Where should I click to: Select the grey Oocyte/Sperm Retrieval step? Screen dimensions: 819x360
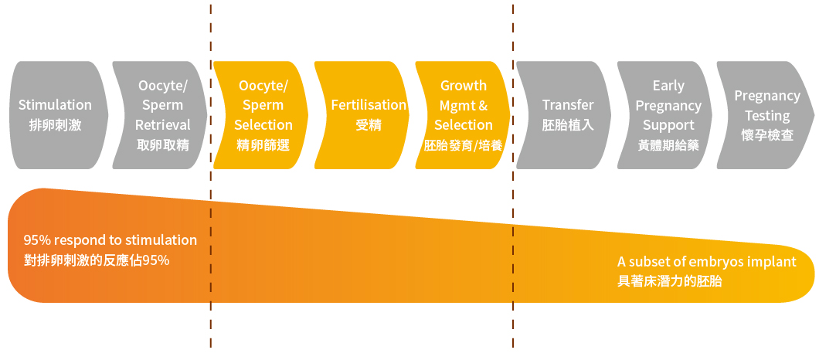point(160,115)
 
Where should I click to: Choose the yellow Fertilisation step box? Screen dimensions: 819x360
point(362,115)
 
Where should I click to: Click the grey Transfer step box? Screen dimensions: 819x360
point(564,115)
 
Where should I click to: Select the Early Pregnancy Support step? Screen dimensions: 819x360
point(665,115)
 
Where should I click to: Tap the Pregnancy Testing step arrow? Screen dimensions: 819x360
point(766,115)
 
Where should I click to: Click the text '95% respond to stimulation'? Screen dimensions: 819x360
point(110,240)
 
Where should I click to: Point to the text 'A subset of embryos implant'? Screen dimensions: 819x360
point(707,262)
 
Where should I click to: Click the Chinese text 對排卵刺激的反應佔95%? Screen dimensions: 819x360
point(97,260)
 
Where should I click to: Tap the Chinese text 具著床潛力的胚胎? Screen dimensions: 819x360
point(670,282)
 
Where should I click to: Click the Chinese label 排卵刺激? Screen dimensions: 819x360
point(56,125)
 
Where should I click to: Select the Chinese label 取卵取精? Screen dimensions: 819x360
point(163,144)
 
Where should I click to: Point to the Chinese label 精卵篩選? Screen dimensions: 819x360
point(263,144)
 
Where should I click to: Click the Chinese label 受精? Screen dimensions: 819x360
point(369,125)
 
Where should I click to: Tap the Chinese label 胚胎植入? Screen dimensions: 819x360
point(568,125)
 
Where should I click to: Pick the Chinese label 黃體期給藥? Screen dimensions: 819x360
point(668,145)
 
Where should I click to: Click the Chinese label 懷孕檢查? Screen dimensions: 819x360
point(767,135)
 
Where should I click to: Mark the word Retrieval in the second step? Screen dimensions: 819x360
point(163,125)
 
